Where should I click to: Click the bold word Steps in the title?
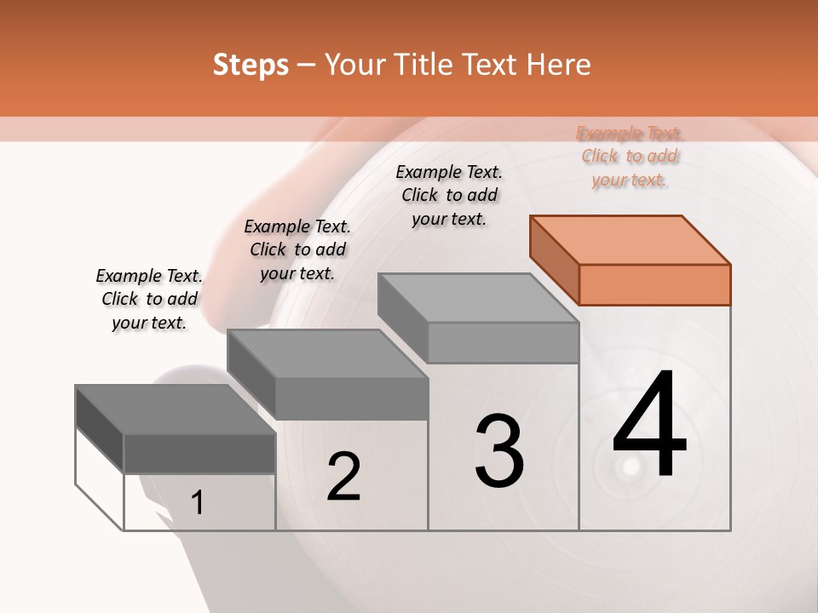(251, 65)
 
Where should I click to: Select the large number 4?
(650, 426)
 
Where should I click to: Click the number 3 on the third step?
(499, 451)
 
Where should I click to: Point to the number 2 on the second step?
(344, 477)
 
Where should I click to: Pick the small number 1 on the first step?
(198, 502)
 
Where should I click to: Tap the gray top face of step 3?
(477, 298)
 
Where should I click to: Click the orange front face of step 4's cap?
(654, 284)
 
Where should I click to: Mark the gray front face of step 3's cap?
(503, 342)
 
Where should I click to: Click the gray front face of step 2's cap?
(351, 398)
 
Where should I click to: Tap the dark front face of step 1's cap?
(199, 453)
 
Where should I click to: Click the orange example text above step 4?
(630, 156)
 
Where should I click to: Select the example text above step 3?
(449, 195)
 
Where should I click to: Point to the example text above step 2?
(297, 249)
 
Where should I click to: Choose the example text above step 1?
(149, 299)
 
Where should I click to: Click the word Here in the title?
(558, 65)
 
